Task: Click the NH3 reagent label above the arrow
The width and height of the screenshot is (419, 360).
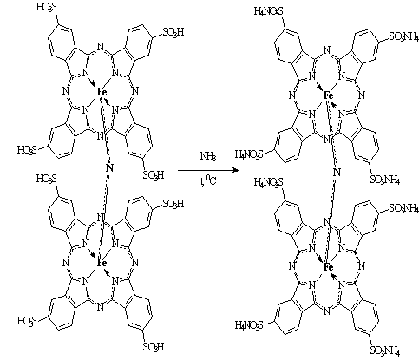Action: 208,156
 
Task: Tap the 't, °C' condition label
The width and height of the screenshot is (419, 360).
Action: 208,181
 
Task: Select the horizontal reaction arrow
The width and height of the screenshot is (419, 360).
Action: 208,170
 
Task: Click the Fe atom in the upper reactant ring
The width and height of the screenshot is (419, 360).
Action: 101,92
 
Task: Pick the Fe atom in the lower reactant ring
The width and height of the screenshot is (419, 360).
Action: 101,263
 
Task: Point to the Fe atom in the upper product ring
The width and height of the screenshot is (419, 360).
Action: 328,95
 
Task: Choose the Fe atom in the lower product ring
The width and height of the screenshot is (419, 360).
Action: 328,267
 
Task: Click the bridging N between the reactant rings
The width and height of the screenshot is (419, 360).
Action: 109,168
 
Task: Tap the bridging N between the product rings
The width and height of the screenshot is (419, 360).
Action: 337,173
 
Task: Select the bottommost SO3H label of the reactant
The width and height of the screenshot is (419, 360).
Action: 154,347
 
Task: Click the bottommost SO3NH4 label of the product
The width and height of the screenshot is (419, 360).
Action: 385,351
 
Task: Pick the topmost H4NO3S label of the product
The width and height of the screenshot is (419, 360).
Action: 269,11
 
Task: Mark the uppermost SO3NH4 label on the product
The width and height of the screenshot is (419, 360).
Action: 404,36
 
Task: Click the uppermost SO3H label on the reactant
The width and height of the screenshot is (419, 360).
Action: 173,32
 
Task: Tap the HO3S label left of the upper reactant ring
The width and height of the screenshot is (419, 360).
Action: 27,150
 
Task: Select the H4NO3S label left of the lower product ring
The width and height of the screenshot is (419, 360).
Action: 249,325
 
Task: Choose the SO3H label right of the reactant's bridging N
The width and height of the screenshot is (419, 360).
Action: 154,175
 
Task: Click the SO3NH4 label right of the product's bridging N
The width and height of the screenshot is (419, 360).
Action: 385,180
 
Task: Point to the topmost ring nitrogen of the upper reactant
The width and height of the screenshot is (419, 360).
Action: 100,47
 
